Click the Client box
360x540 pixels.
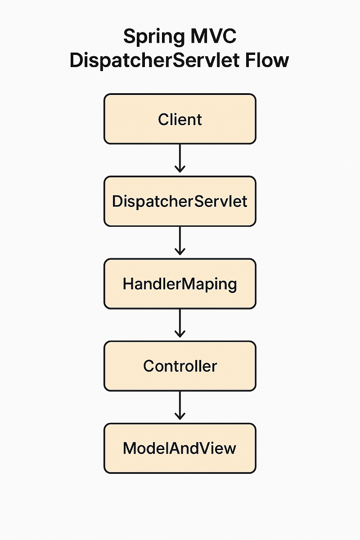tap(180, 119)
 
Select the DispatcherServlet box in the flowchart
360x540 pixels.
tap(180, 201)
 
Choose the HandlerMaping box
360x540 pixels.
tap(180, 284)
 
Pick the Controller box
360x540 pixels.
tap(180, 366)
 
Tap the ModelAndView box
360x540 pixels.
tap(180, 448)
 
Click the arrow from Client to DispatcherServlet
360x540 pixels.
tap(180, 157)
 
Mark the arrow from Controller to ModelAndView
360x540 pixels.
tap(180, 405)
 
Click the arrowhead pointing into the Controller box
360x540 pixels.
tap(180, 334)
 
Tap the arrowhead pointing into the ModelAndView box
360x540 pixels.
tap(180, 417)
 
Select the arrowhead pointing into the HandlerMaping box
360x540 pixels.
tap(180, 252)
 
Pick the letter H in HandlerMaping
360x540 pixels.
tap(128, 284)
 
